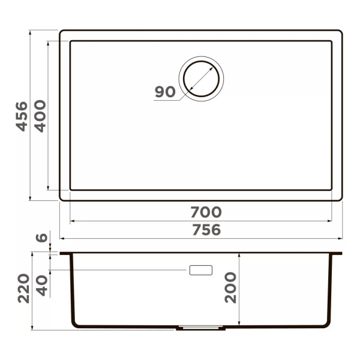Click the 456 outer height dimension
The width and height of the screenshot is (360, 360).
(x=22, y=116)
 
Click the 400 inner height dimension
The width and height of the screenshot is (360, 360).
(x=40, y=116)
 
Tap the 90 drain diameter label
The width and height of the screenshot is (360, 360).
(x=165, y=92)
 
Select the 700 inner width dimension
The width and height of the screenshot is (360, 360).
(x=206, y=212)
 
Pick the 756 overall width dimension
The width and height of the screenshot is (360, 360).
(x=206, y=230)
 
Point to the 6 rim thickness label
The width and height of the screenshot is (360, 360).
(x=42, y=238)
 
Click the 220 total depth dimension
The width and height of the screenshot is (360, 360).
(x=24, y=289)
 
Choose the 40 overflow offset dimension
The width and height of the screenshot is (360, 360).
(x=42, y=286)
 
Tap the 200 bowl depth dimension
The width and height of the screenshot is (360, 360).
(x=230, y=287)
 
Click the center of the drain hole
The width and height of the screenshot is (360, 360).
(x=202, y=79)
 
